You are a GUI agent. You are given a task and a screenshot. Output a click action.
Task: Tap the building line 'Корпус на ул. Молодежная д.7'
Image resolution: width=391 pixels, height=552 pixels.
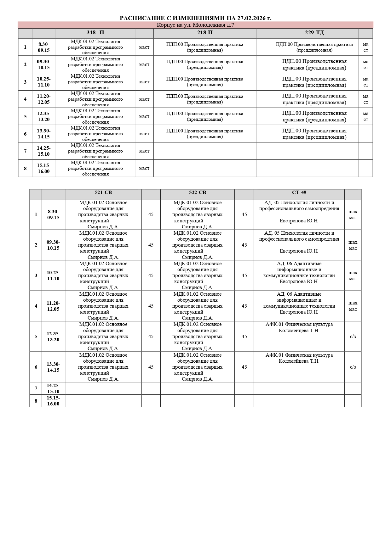195,25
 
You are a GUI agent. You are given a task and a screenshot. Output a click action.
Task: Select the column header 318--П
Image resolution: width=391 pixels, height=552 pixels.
95,33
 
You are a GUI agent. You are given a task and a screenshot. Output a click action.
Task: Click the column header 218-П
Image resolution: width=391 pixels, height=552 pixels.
205,33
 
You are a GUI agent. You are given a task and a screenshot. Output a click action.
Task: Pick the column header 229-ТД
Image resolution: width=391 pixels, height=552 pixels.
314,33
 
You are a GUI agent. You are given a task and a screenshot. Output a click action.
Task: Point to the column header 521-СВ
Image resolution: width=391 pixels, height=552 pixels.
103,193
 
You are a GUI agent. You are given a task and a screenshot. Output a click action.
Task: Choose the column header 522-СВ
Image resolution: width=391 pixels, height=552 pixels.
197,193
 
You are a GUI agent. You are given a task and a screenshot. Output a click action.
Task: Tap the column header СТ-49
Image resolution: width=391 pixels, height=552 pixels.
299,193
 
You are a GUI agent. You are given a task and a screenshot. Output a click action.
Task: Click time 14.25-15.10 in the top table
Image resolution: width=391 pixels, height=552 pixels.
44,151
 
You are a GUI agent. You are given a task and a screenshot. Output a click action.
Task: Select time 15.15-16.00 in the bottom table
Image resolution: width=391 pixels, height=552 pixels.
53,401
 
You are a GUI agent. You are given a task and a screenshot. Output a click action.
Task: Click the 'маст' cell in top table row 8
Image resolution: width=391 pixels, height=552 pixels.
144,168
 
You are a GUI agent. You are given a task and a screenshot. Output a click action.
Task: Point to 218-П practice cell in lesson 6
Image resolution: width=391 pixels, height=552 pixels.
205,134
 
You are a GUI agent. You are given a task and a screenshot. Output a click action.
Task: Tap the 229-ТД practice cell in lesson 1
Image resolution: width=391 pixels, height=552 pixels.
314,47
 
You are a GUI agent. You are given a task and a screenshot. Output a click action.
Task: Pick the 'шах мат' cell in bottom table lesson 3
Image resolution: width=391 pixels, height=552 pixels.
353,276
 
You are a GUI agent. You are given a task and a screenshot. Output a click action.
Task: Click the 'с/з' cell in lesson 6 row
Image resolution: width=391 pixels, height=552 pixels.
353,367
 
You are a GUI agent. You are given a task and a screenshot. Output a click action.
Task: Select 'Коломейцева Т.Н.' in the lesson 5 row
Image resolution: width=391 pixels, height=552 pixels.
299,331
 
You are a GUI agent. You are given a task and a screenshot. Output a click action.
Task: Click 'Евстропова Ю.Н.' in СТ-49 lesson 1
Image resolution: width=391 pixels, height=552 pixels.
299,221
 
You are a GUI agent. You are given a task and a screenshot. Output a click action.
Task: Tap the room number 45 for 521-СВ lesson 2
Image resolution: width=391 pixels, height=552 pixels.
151,245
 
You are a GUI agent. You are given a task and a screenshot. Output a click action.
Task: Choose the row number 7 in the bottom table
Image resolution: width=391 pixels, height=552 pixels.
36,388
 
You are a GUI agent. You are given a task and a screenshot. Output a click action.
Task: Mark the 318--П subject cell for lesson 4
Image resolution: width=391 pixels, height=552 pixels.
95,99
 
